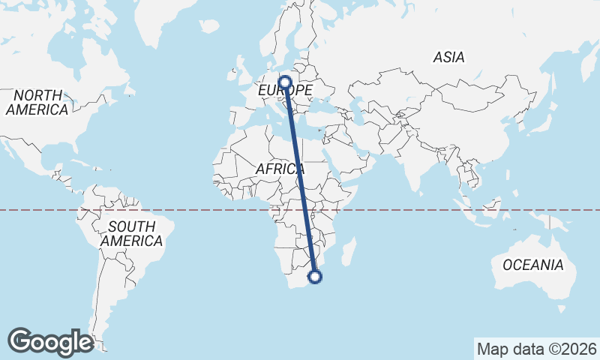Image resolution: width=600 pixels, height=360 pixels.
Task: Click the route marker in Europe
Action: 285,82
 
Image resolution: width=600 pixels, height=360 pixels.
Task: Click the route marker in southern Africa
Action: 316,277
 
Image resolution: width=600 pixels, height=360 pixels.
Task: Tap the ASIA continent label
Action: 449,57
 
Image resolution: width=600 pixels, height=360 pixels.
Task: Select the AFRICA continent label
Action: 280,169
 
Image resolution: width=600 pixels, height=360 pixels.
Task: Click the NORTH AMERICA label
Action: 37,102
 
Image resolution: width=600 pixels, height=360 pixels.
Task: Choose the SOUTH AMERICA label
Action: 131,233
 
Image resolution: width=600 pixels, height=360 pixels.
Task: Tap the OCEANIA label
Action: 532,265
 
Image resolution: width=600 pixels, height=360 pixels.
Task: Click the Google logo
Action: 50,341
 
